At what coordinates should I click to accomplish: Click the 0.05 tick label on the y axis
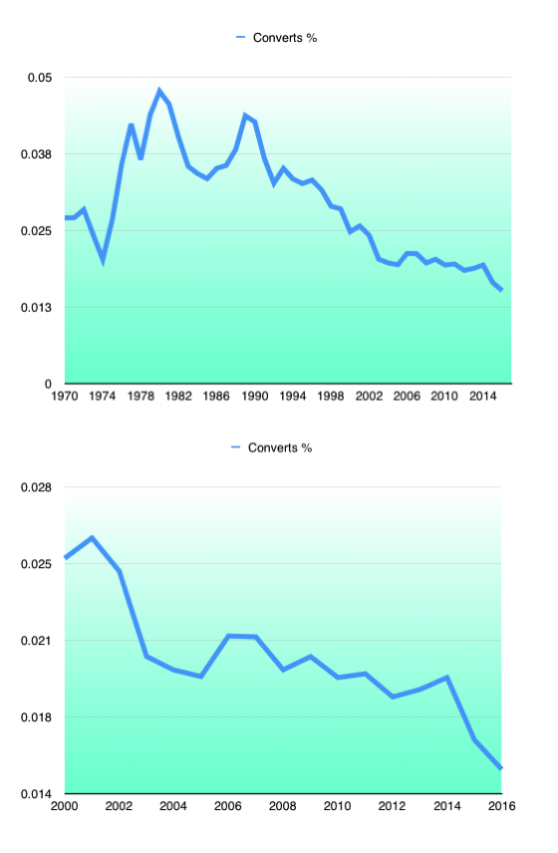[40, 78]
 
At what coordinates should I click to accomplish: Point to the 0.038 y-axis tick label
[37, 154]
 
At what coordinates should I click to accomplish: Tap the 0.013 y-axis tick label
[37, 308]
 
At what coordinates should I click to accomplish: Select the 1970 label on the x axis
[64, 396]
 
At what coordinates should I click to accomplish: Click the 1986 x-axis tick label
[216, 396]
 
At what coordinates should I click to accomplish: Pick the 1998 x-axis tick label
[330, 396]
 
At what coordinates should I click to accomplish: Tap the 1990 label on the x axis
[254, 396]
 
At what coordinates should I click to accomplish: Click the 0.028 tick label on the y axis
[37, 487]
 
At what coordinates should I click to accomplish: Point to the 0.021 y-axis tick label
[37, 641]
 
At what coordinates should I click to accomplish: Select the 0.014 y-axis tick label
[37, 794]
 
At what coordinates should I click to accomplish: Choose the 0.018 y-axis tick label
[37, 717]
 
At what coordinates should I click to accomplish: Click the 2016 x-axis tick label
[501, 806]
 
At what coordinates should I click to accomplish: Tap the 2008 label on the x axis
[282, 806]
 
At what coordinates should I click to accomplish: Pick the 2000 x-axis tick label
[64, 806]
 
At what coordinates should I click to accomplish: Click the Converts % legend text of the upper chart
[285, 38]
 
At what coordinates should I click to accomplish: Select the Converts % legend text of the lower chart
[280, 448]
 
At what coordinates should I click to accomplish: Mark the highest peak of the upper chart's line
[159, 91]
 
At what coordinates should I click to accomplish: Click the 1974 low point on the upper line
[103, 260]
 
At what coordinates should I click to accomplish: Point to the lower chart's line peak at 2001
[92, 538]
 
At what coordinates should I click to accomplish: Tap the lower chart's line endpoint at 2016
[500, 767]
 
